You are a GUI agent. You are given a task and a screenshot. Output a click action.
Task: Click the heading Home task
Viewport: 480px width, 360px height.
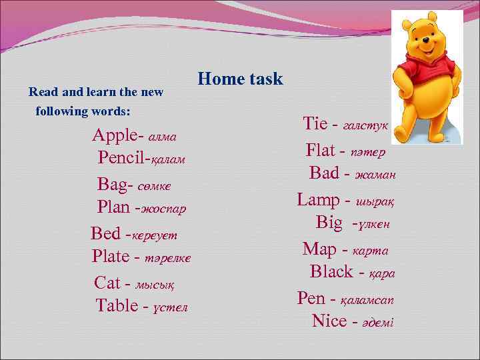click(241, 79)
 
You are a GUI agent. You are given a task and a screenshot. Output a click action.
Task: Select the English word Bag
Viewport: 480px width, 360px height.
click(111, 183)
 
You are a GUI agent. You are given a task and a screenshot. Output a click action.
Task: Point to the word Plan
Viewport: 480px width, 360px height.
click(114, 207)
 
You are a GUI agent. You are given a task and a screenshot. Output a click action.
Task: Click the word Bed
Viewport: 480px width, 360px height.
click(105, 233)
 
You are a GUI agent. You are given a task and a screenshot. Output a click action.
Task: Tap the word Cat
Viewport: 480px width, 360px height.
click(107, 283)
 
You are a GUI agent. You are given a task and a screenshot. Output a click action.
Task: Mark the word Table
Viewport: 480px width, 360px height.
click(117, 305)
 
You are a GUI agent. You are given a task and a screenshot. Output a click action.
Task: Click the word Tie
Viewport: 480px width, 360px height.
click(315, 124)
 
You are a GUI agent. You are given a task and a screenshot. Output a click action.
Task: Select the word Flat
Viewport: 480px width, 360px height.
click(320, 150)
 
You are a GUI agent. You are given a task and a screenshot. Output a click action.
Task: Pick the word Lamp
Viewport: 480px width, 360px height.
click(318, 199)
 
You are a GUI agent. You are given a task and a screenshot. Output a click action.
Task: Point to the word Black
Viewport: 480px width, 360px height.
click(331, 271)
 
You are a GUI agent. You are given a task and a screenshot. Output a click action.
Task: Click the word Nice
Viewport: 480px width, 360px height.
click(329, 321)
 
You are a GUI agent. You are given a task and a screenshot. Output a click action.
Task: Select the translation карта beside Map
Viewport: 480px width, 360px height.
click(370, 251)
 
